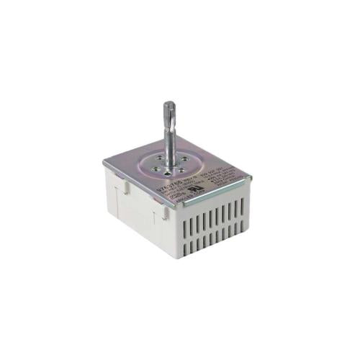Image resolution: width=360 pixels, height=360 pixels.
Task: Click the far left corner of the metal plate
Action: [x=104, y=163]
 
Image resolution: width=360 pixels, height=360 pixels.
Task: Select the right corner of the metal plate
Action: [x=252, y=175]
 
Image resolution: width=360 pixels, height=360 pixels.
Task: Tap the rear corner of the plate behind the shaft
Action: [x=189, y=140]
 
